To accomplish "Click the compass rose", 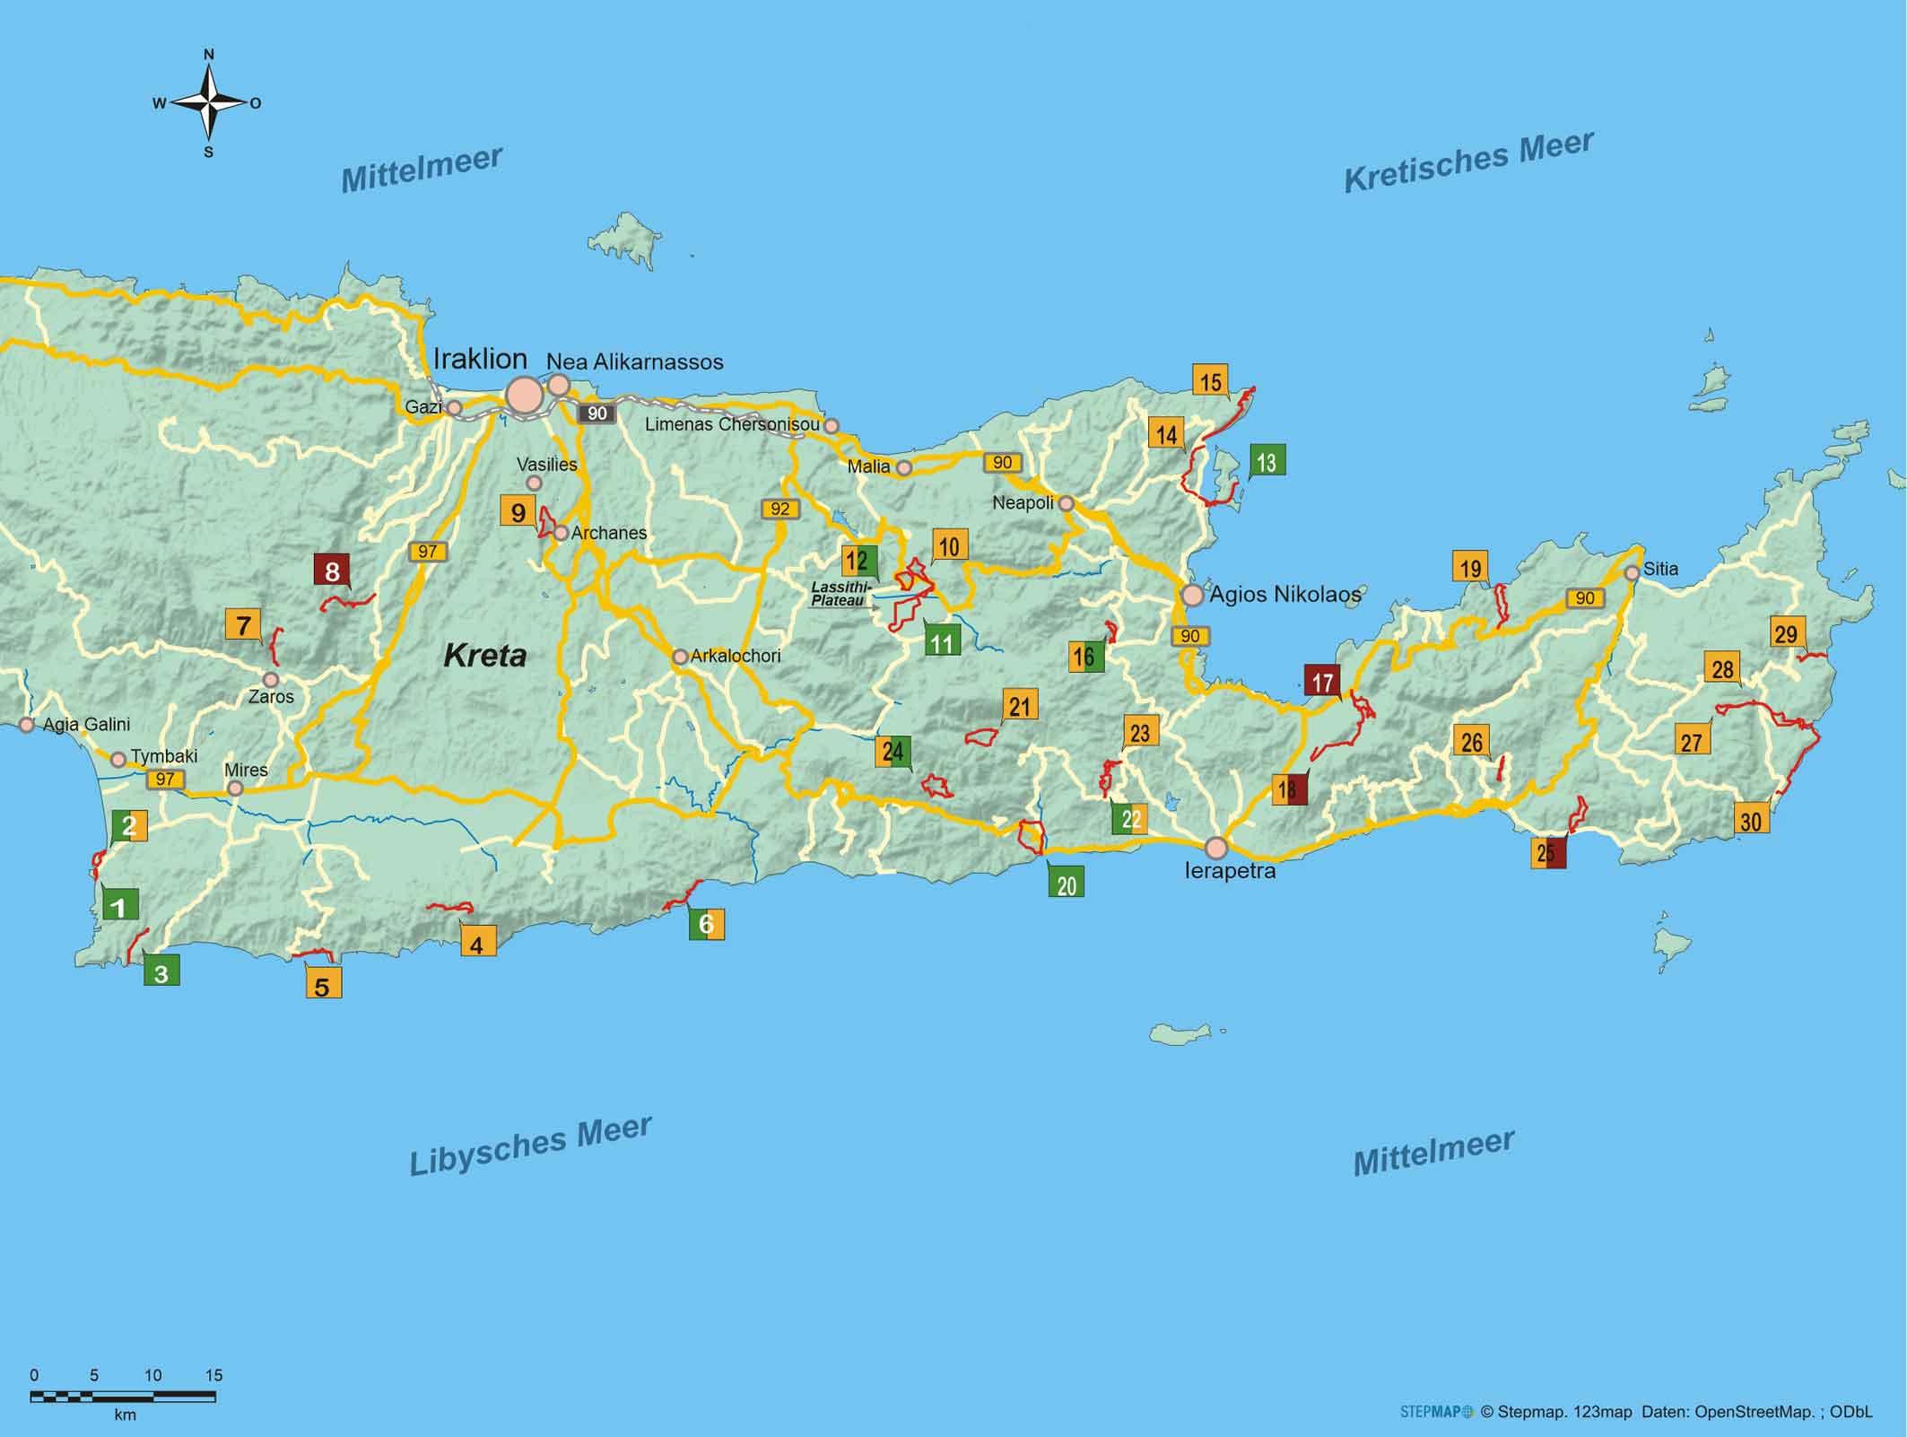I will pyautogui.click(x=208, y=103).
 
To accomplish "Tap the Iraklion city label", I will pyautogui.click(x=480, y=359).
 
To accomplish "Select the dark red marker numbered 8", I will pyautogui.click(x=332, y=571).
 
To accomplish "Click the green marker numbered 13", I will pyautogui.click(x=1267, y=461).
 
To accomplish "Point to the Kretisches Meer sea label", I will pyautogui.click(x=1468, y=161).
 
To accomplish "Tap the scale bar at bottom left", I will pyautogui.click(x=123, y=1397).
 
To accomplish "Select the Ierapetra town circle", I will pyautogui.click(x=1216, y=848).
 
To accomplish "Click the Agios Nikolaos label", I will pyautogui.click(x=1284, y=594).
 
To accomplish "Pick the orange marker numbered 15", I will pyautogui.click(x=1210, y=381).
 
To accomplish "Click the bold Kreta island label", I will pyautogui.click(x=484, y=656).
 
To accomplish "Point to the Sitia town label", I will pyautogui.click(x=1660, y=569).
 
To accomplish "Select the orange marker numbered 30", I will pyautogui.click(x=1751, y=821).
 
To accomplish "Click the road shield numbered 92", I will pyautogui.click(x=779, y=509).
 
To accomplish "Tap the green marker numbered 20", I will pyautogui.click(x=1066, y=885).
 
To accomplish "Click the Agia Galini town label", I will pyautogui.click(x=86, y=724).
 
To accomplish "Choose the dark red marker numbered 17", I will pyautogui.click(x=1322, y=682).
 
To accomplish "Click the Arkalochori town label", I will pyautogui.click(x=735, y=656).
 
